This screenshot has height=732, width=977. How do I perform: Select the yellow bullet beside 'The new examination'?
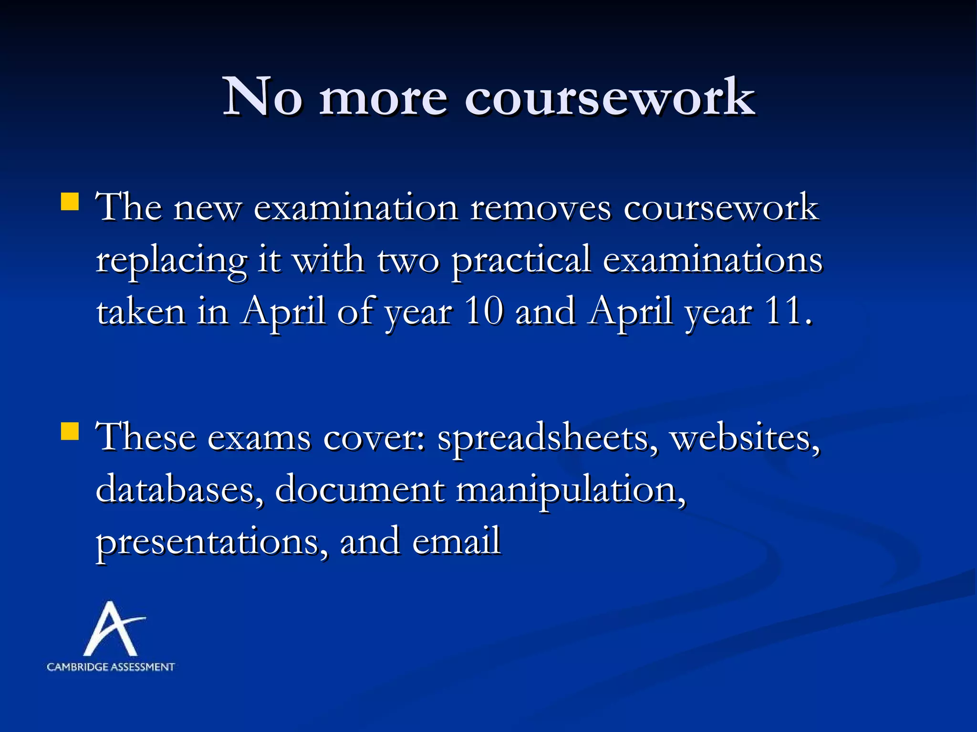pos(70,202)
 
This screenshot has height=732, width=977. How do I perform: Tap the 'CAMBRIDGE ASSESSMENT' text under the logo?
pos(111,667)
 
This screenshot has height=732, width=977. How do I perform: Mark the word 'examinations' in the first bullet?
pos(713,260)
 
